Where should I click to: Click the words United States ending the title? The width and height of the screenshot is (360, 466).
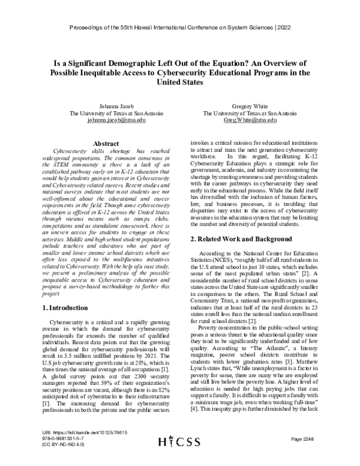coord(179,83)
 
